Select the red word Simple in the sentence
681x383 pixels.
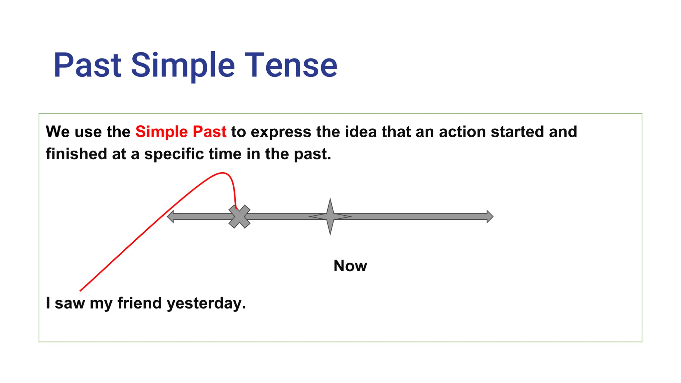(162, 132)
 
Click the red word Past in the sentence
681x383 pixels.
(209, 132)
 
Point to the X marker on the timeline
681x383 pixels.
(239, 216)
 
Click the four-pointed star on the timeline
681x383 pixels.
(330, 216)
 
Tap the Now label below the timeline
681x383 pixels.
(350, 266)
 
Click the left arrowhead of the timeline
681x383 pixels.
(171, 216)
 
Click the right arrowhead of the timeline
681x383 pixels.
(490, 216)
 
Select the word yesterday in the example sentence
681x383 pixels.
(206, 304)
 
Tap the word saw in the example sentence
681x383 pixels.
(69, 304)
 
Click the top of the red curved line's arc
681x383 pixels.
(222, 173)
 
